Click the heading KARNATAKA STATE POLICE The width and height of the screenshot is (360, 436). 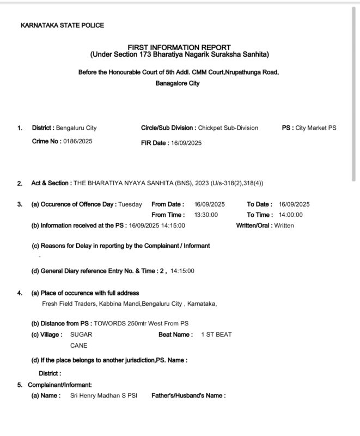coord(62,25)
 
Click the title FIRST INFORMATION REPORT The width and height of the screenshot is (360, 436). coord(179,47)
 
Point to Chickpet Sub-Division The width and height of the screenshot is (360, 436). coord(228,128)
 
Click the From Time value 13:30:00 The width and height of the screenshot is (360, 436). coord(206,215)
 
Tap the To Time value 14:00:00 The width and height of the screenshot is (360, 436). coord(294,215)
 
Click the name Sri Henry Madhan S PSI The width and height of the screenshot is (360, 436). coord(102,396)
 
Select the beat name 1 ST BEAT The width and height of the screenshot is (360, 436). coord(216,334)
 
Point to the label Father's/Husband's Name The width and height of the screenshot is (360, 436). coord(188,396)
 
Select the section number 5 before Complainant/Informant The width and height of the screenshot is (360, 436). coord(19,385)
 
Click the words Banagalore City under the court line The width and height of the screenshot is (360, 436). coord(178,83)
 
